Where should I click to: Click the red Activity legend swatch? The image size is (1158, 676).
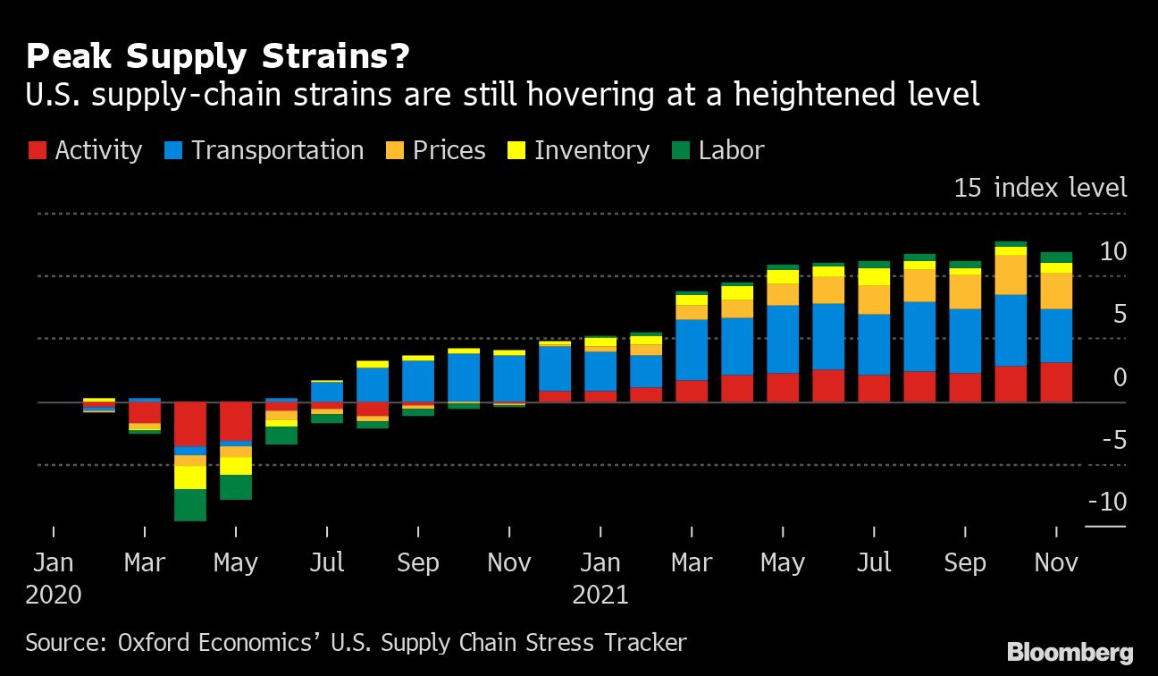[x=38, y=150]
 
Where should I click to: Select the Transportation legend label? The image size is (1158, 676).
[x=277, y=150]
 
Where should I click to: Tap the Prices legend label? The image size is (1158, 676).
[x=449, y=150]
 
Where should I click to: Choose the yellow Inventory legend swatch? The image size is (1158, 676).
[x=517, y=150]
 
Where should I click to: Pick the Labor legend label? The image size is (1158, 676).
[x=731, y=150]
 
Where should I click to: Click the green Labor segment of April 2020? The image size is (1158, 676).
[x=190, y=504]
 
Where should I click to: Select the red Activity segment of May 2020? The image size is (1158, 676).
[x=236, y=421]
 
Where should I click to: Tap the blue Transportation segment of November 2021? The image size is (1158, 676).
[x=1056, y=335]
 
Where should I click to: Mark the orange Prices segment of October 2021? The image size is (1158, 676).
[x=1011, y=275]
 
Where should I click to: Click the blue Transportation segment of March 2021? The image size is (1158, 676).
[x=692, y=350]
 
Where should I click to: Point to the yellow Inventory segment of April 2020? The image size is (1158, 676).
[x=190, y=477]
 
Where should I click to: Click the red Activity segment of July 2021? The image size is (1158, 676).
[x=874, y=388]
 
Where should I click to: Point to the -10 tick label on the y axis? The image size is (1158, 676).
[x=1107, y=503]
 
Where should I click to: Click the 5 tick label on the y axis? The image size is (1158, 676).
[x=1118, y=315]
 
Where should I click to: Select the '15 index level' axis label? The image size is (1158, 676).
[x=1040, y=188]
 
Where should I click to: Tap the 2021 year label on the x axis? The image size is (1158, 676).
[x=600, y=594]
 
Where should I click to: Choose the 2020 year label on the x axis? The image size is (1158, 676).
[x=54, y=594]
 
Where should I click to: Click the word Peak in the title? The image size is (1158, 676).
[x=71, y=57]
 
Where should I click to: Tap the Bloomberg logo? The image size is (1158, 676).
[x=1070, y=652]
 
